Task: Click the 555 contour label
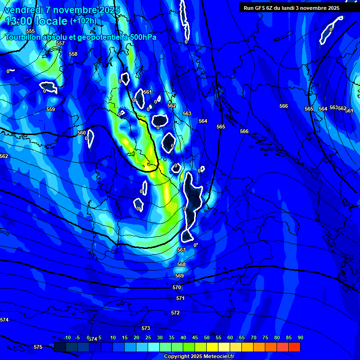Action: [30, 31]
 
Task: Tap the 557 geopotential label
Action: [60, 43]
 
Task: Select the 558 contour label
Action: [73, 54]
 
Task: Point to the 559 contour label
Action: [51, 109]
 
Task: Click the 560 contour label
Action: [82, 133]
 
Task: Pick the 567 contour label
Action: [181, 250]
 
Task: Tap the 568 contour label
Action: [181, 264]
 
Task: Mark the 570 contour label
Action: [177, 287]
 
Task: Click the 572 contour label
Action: [175, 313]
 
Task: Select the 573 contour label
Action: [146, 328]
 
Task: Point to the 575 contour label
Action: [38, 347]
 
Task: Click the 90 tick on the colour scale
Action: [300, 337]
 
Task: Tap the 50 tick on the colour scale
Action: [206, 337]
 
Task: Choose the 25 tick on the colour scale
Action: [148, 337]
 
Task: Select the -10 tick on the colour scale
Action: [67, 337]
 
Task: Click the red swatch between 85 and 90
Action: [294, 347]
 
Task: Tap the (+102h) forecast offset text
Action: [83, 21]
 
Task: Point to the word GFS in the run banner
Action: [261, 8]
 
